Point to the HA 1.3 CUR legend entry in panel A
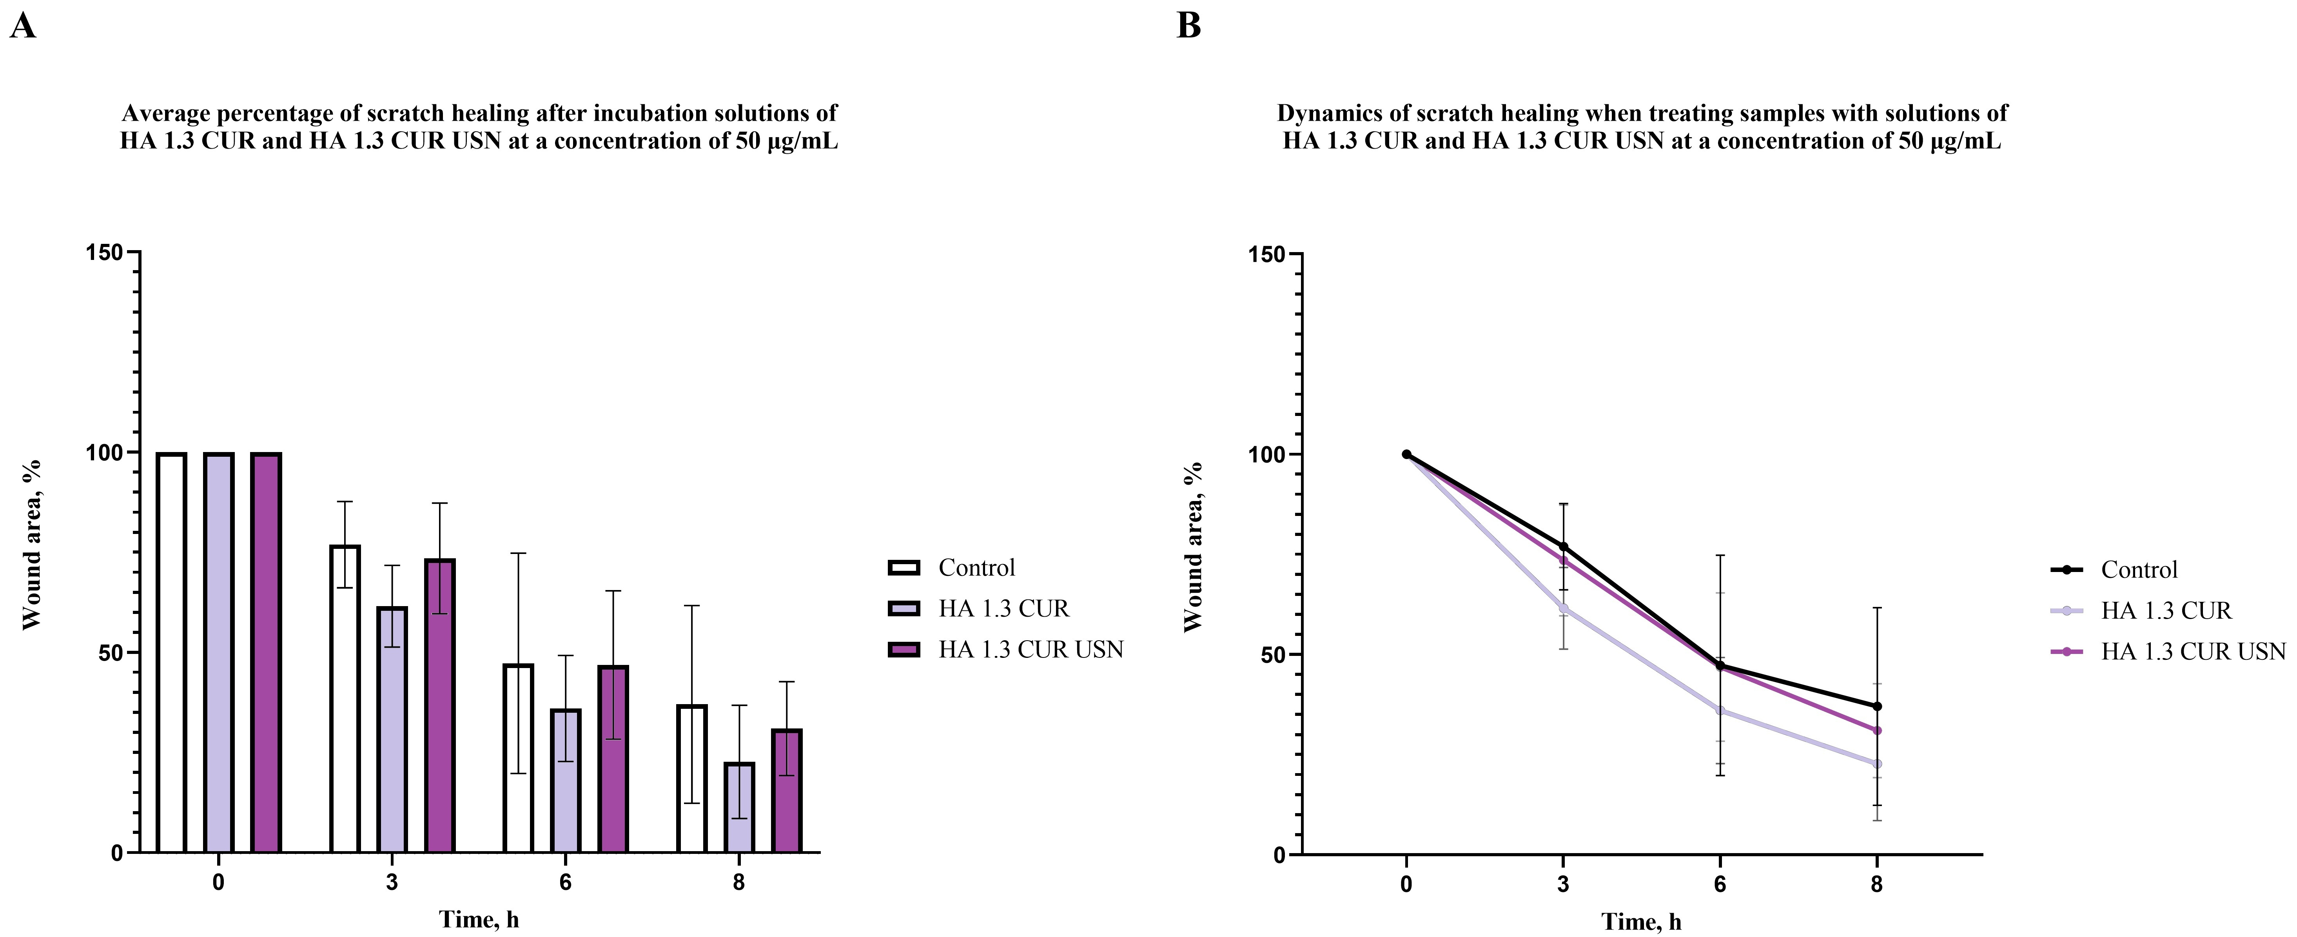click(x=1002, y=608)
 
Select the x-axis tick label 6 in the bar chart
click(x=565, y=883)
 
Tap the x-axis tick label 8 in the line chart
click(x=1877, y=884)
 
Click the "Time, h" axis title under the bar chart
click(x=479, y=919)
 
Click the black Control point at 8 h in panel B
click(x=1877, y=706)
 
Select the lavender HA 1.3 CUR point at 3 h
click(x=1563, y=608)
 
